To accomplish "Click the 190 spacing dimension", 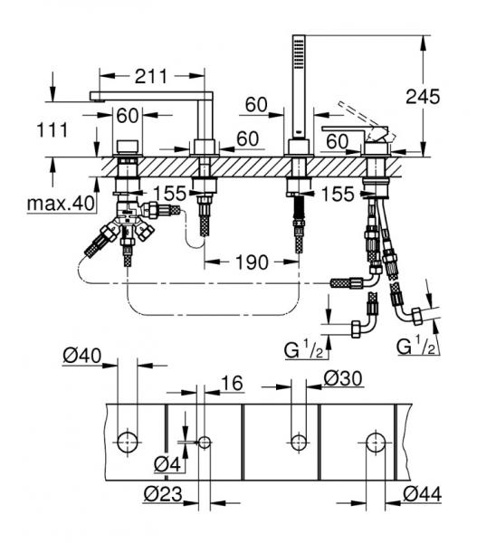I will tap(249, 262).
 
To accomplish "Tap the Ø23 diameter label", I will tap(165, 494).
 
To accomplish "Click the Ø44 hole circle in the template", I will tap(374, 442).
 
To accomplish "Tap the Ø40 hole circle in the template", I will tap(128, 442).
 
